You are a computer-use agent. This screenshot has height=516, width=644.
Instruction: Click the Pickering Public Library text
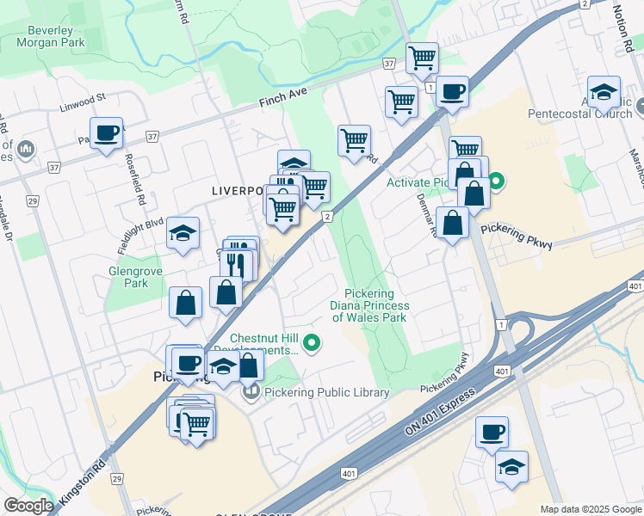click(328, 393)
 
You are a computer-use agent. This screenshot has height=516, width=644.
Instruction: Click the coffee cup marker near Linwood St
click(106, 133)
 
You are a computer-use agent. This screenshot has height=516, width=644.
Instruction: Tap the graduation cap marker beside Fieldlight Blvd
click(183, 232)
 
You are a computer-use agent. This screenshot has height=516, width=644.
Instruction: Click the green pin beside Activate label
click(497, 182)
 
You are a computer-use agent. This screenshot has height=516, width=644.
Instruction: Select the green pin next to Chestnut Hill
click(313, 345)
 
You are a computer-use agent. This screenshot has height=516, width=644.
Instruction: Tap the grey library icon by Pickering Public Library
click(251, 393)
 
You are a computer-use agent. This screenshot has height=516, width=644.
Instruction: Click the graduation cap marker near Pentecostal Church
click(604, 92)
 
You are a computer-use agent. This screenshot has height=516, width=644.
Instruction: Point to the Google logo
click(28, 506)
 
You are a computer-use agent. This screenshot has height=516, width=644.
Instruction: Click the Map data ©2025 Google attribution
click(591, 509)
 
